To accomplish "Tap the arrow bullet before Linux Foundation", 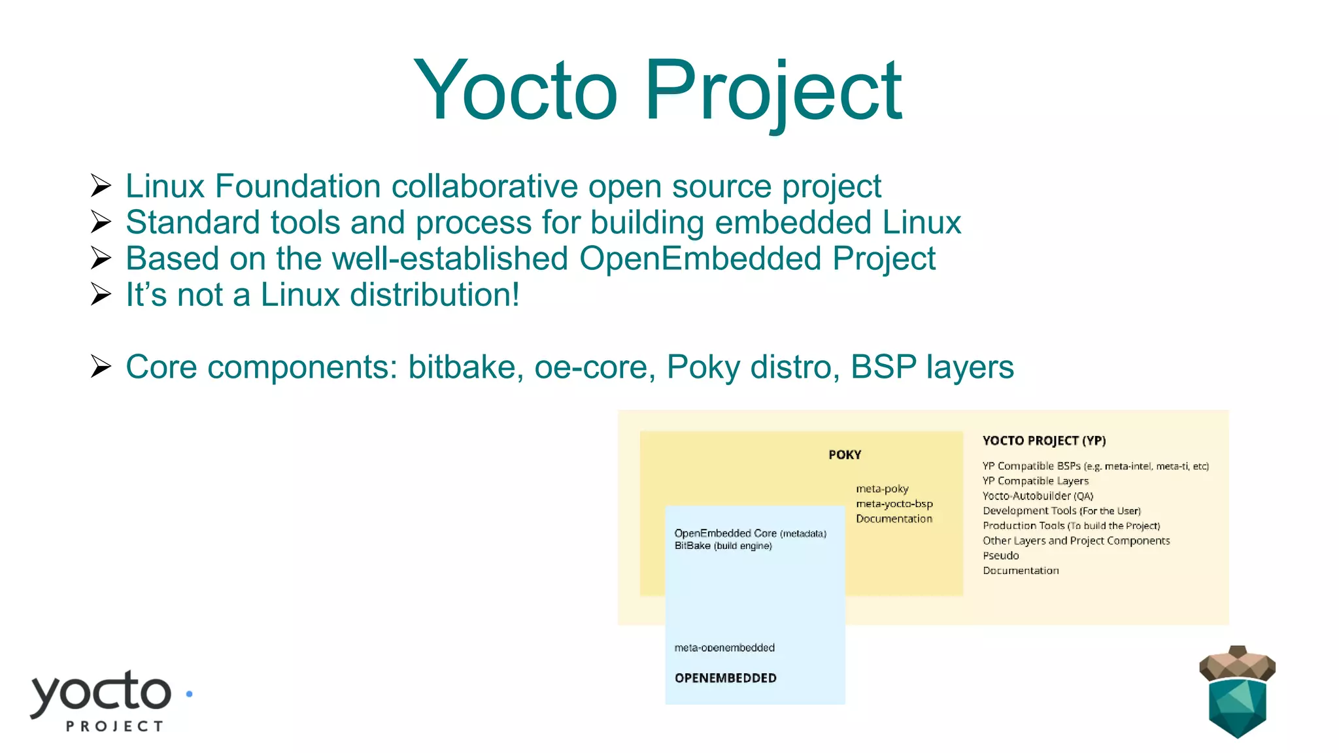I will point(101,186).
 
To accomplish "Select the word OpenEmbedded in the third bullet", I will point(700,258).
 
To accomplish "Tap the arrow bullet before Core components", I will point(101,367).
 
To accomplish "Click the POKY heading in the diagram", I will point(844,455).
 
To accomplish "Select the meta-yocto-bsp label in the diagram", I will point(894,504).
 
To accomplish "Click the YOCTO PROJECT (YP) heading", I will point(1043,441).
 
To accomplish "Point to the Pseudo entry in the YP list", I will point(1000,556).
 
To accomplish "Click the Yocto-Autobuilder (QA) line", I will point(1038,496).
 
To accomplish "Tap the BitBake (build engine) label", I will point(722,546).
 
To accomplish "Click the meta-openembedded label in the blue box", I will point(724,648).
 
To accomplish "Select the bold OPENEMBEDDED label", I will point(725,678).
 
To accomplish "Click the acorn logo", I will point(1236,692).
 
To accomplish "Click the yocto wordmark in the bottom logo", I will point(101,693).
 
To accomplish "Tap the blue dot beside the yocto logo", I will point(189,694).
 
